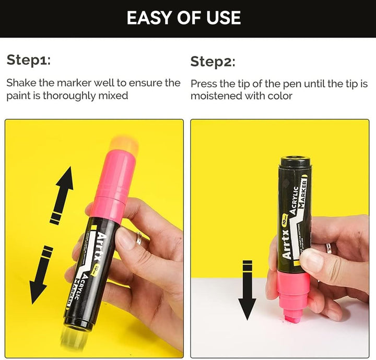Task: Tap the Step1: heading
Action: pos(29,60)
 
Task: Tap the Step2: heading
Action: pos(213,62)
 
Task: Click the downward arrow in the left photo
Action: pos(41,275)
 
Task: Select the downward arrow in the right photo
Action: pos(247,290)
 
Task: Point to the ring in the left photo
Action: pos(139,238)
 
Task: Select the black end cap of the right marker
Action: pos(296,162)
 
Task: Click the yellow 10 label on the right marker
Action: pos(285,220)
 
